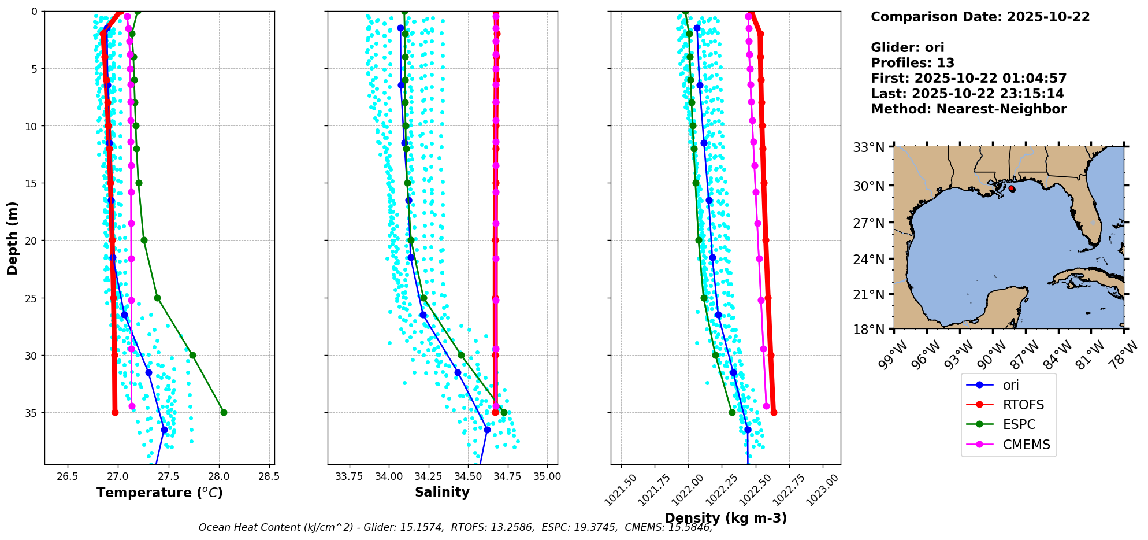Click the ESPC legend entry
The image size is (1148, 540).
(1019, 424)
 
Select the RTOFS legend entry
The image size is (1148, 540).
(1023, 405)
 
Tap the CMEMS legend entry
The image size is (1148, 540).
(1026, 445)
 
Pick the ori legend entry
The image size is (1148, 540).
(1010, 385)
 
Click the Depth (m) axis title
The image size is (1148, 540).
(13, 238)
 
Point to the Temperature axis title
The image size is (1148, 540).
(159, 493)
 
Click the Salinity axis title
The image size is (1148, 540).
(442, 492)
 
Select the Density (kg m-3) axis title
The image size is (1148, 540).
(726, 518)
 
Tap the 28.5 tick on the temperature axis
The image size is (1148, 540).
(269, 476)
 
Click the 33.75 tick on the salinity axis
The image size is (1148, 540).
(349, 476)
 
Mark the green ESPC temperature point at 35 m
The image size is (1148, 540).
(224, 412)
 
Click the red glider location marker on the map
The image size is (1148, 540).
(1011, 188)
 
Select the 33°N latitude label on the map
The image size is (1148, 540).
(869, 147)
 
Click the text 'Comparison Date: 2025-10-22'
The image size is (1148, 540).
(980, 17)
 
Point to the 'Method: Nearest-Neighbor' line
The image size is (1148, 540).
(968, 109)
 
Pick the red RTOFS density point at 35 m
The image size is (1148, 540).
(774, 412)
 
